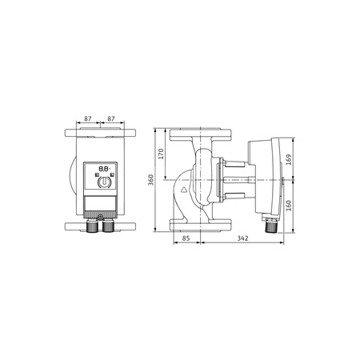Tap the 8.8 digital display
pos(102,170)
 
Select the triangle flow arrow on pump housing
pos(183,191)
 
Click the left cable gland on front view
pos(90,227)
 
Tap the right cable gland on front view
pos(107,227)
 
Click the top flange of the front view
pos(100,133)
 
